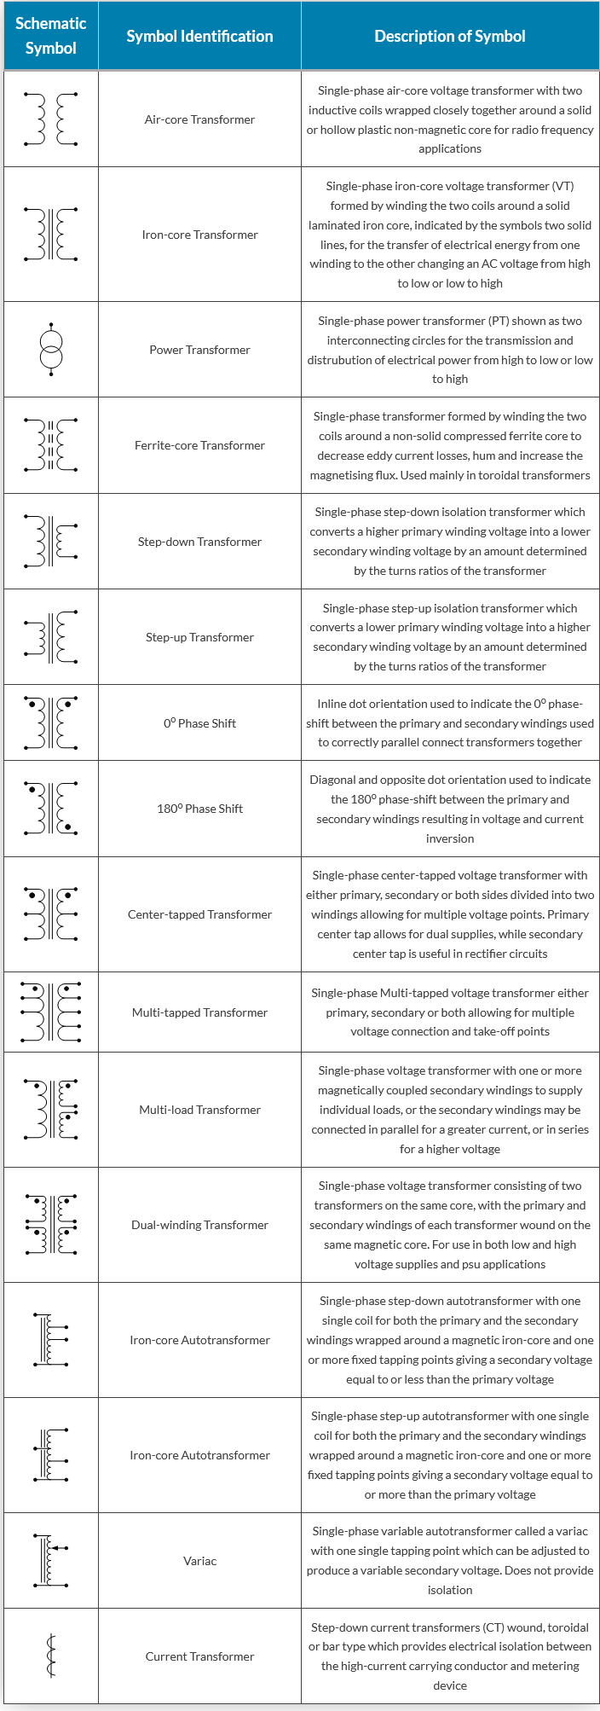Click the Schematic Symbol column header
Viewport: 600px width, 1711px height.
(x=50, y=36)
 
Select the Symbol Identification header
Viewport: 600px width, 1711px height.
(x=199, y=36)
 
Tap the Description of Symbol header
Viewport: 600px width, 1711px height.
(x=449, y=36)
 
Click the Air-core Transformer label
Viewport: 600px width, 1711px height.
(x=199, y=119)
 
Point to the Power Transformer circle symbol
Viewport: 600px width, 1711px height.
(x=51, y=350)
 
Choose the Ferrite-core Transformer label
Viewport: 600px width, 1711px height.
(x=199, y=445)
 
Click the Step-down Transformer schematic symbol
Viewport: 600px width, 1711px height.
(x=51, y=541)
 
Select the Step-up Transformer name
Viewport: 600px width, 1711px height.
(x=199, y=637)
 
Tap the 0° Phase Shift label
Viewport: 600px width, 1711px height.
(x=199, y=723)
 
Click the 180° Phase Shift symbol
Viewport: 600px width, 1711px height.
(x=51, y=808)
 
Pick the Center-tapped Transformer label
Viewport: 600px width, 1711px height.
(x=199, y=914)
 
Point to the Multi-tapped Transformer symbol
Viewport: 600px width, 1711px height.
(x=51, y=1012)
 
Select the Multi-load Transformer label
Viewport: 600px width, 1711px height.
(x=199, y=1110)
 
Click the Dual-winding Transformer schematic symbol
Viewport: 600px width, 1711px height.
(x=51, y=1224)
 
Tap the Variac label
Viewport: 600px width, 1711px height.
(x=199, y=1561)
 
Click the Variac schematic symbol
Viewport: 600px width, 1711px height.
(x=51, y=1560)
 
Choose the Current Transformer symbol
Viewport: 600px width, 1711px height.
(x=51, y=1656)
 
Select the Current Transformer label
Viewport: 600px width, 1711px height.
(x=199, y=1656)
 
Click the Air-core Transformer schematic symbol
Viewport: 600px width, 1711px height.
(x=51, y=119)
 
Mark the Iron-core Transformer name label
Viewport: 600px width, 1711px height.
(x=199, y=235)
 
